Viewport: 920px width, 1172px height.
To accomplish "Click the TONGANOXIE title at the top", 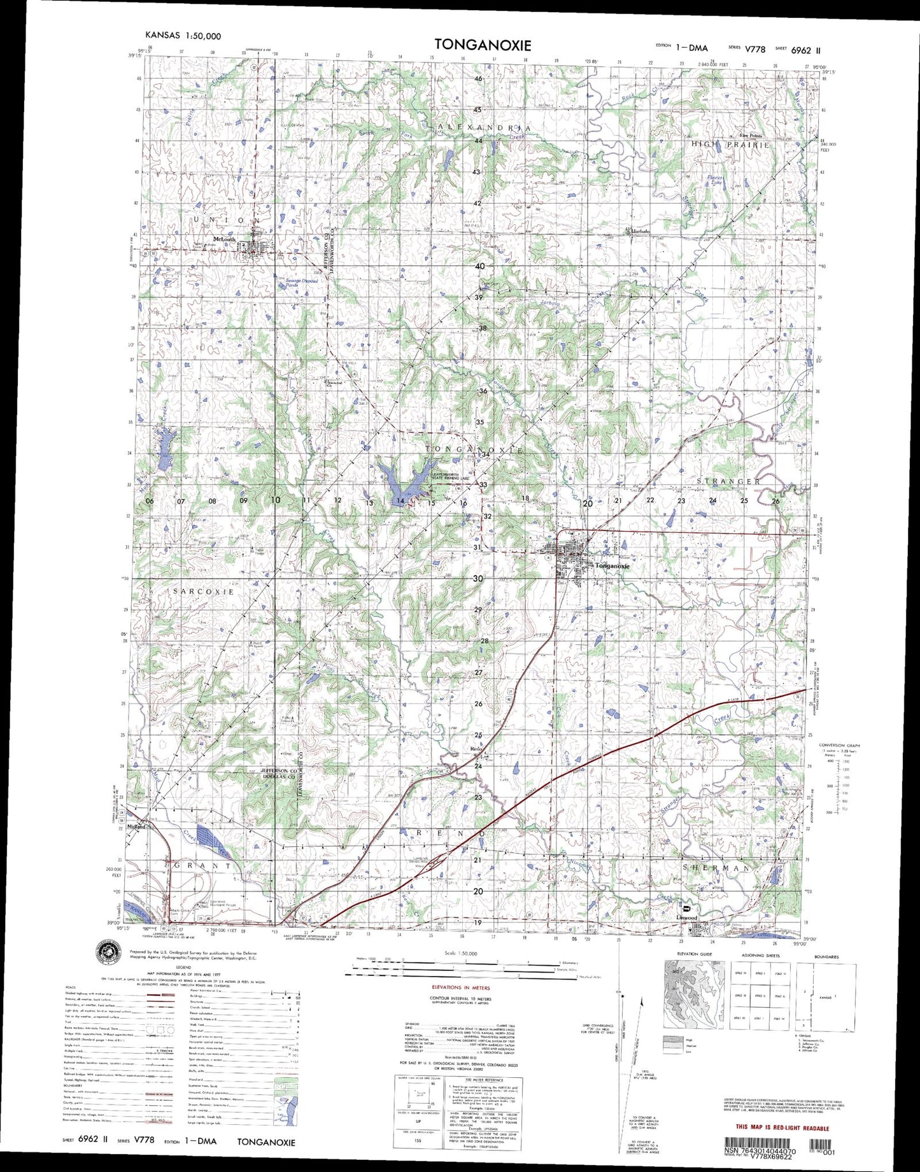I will (x=483, y=45).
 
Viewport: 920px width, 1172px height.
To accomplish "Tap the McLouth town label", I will (x=224, y=239).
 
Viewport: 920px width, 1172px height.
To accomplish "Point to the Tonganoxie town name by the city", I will (x=612, y=566).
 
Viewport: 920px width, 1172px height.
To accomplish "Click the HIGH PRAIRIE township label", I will (x=730, y=145).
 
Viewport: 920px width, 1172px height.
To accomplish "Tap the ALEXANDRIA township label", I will (x=485, y=127).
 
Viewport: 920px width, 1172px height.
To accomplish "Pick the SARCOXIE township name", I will (x=204, y=591).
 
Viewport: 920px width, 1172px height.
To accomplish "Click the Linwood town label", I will (x=686, y=917).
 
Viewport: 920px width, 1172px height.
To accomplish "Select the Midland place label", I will (x=136, y=827).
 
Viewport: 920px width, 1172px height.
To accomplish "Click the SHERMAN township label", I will (x=716, y=868).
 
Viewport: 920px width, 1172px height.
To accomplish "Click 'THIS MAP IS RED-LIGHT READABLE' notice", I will (x=782, y=1127).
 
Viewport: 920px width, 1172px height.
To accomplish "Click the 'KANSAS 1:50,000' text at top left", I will (x=183, y=36).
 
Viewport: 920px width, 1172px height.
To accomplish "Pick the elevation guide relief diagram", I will (x=693, y=994).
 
